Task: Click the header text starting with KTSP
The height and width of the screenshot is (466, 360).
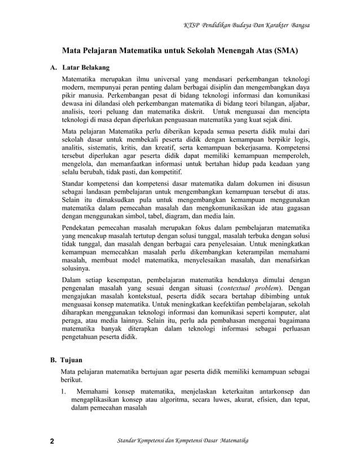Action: pos(247,25)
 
